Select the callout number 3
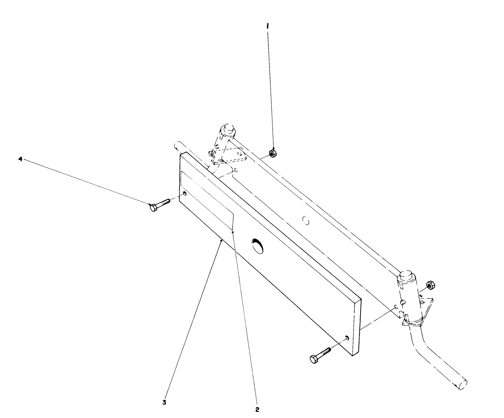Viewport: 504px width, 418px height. click(164, 402)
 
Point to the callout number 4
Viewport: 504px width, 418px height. click(21, 159)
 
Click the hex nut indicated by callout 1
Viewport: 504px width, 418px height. click(272, 153)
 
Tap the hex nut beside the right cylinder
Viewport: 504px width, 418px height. click(430, 285)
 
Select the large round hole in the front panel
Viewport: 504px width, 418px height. click(258, 245)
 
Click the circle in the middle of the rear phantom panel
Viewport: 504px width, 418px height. click(305, 220)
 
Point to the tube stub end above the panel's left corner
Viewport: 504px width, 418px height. click(177, 145)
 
